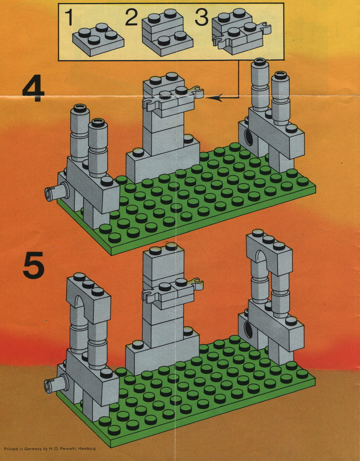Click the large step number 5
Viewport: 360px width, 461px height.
pos(34,268)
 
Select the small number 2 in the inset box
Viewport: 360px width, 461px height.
pos(131,18)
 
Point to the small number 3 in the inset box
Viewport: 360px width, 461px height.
pos(202,18)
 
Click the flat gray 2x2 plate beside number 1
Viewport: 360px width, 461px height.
pos(98,40)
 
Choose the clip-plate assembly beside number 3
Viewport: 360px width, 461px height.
pos(241,32)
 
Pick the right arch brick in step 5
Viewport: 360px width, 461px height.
pos(269,253)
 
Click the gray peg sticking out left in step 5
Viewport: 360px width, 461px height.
pos(56,384)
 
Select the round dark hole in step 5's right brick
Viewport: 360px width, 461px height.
pos(249,330)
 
